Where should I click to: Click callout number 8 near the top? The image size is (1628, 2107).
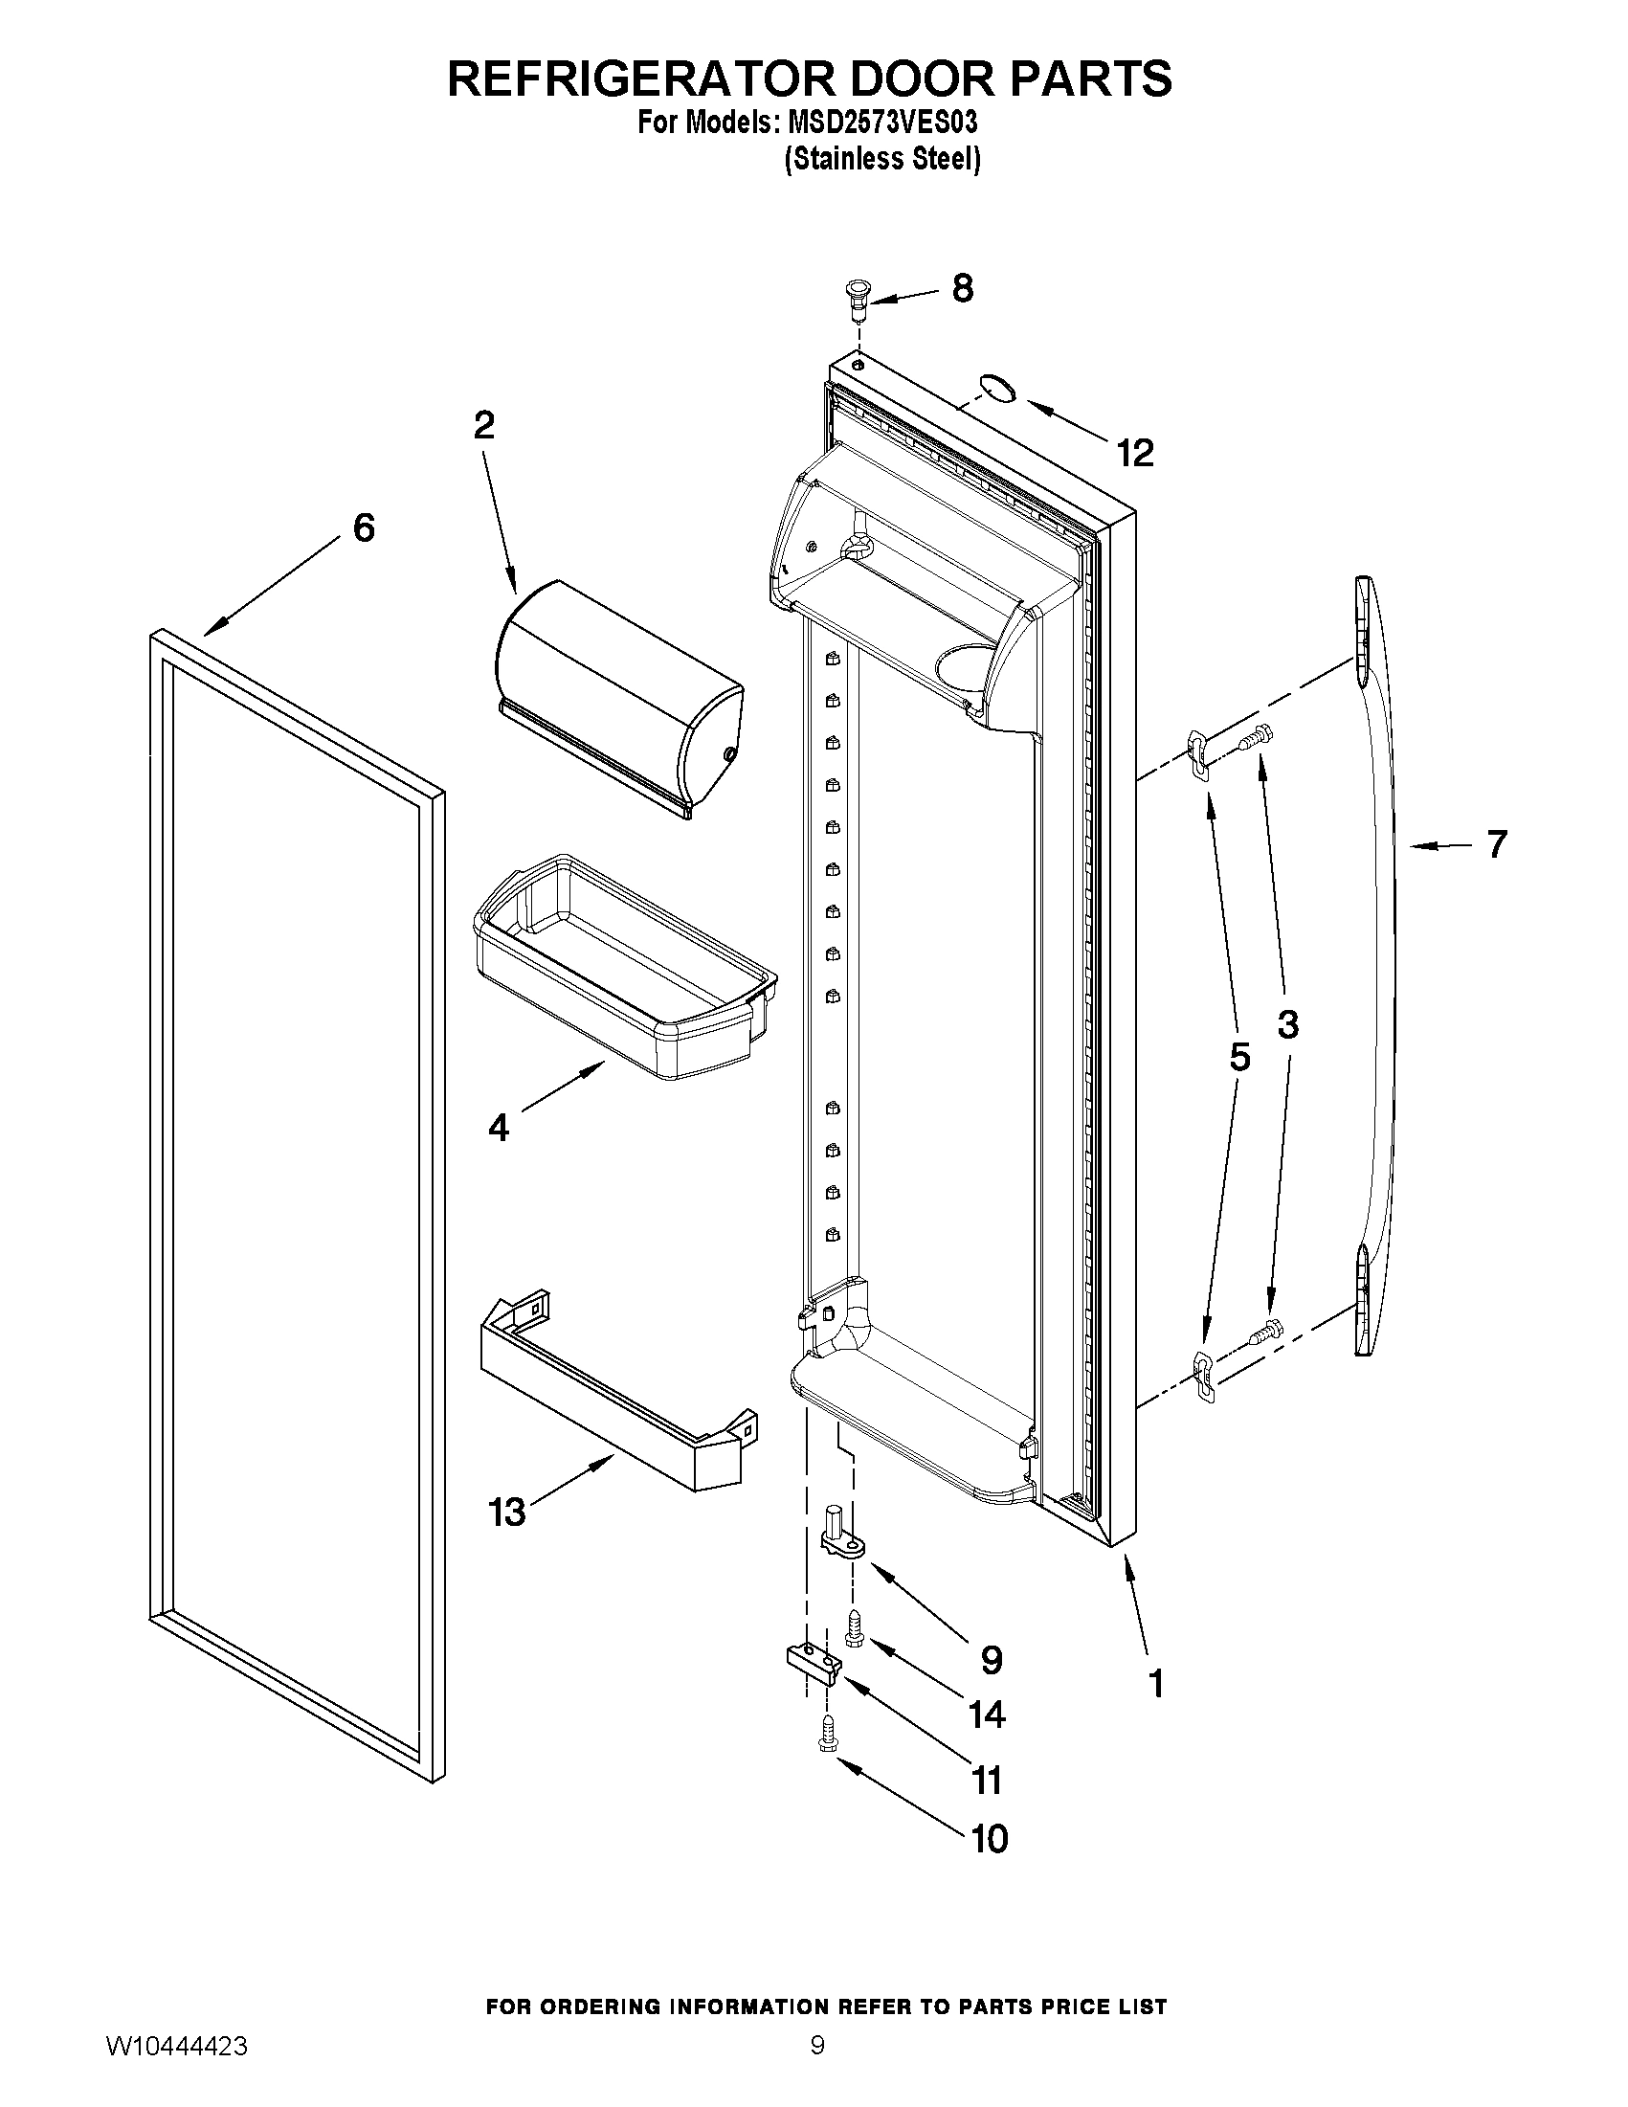tap(962, 288)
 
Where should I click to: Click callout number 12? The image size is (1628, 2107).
tap(1135, 453)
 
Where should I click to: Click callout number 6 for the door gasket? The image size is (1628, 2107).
tap(364, 527)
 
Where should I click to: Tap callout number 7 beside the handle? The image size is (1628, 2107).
tap(1496, 844)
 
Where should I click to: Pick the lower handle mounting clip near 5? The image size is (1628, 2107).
tap(1204, 1375)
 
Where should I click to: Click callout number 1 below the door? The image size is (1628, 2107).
tap(1156, 1684)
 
